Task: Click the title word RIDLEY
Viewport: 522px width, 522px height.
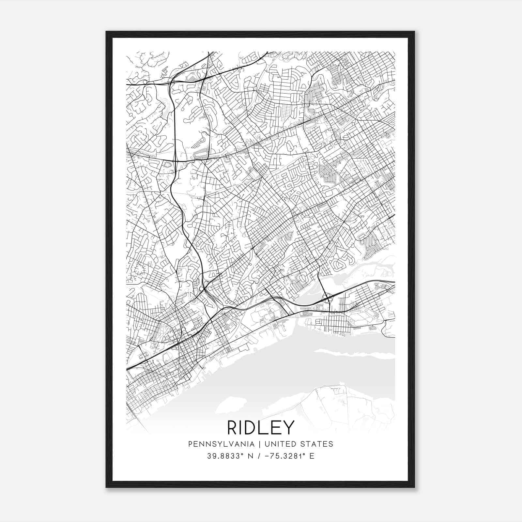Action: click(261, 427)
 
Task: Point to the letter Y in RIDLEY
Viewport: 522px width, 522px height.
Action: click(288, 427)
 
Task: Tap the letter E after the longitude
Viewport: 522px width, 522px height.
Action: click(312, 456)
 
